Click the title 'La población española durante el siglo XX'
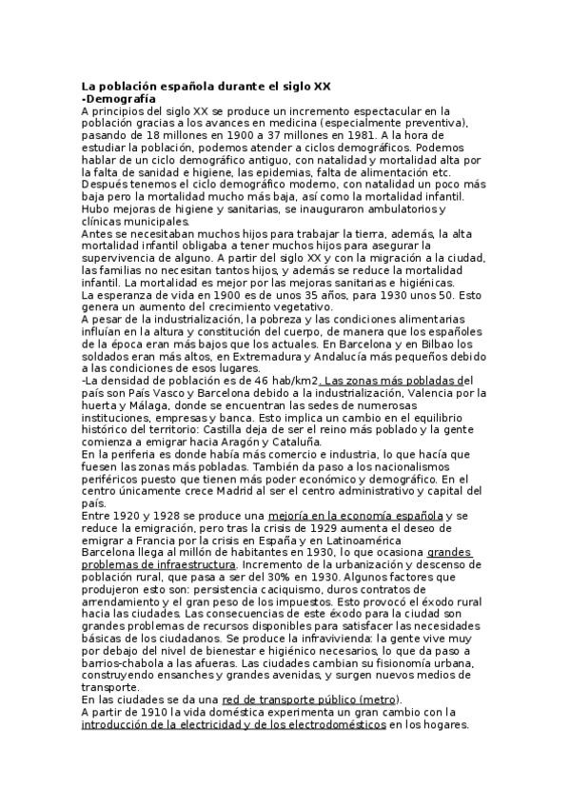(x=206, y=86)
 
